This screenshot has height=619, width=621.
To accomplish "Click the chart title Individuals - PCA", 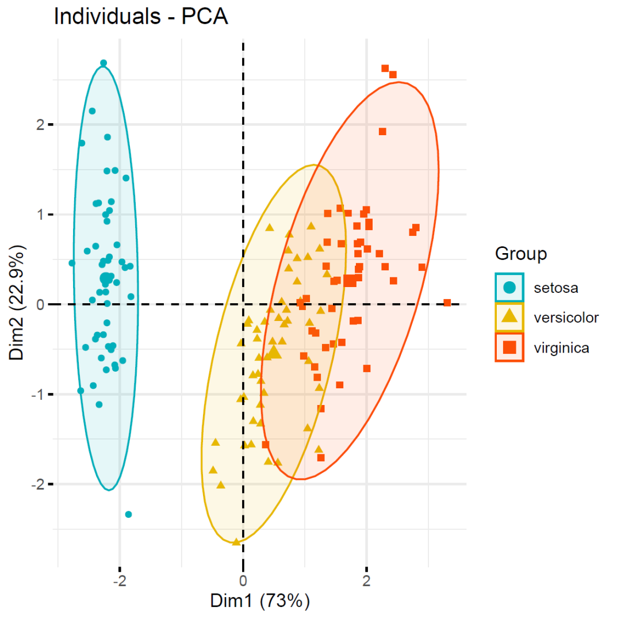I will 141,17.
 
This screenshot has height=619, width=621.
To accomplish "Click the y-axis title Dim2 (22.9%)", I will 17,304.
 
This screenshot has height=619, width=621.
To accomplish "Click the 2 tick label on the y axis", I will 41,124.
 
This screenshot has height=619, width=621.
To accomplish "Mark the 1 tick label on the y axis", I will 41,215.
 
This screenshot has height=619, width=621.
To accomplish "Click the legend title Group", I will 521,254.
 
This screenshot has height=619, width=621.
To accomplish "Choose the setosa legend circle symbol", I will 509,287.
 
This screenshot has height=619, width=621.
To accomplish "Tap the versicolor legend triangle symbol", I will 509,317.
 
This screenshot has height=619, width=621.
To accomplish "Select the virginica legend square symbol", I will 509,347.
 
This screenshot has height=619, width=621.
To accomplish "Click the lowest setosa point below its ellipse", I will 128,514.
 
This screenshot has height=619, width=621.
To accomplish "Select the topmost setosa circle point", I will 103,63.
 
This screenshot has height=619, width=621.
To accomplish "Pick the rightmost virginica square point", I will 447,303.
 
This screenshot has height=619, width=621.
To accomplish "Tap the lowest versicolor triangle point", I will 236,541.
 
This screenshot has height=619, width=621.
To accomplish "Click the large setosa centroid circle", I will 105,278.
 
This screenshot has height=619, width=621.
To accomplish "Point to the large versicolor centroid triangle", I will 274,351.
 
